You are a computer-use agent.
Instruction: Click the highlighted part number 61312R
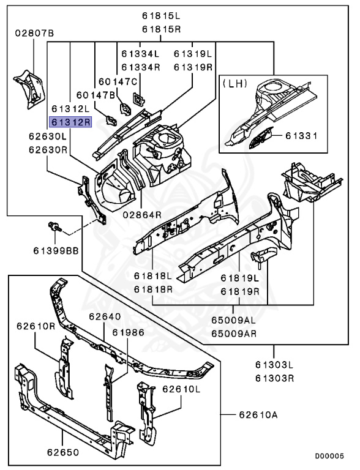(x=70, y=122)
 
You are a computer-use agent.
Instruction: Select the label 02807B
(x=34, y=33)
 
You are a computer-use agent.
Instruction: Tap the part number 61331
(x=301, y=136)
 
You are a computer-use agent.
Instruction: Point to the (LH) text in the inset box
(x=234, y=83)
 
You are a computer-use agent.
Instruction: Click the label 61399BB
(x=56, y=250)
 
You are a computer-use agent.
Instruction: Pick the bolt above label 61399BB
(x=55, y=226)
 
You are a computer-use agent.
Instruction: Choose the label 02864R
(x=142, y=215)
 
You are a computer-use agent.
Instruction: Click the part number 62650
(x=63, y=452)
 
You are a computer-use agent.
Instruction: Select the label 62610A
(x=258, y=415)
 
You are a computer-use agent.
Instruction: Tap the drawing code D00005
(x=329, y=456)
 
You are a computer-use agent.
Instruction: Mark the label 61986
(x=129, y=332)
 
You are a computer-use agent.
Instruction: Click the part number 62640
(x=105, y=316)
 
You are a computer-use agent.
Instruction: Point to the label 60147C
(x=118, y=81)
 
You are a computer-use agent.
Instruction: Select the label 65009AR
(x=234, y=334)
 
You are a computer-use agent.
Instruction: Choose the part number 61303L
(x=274, y=365)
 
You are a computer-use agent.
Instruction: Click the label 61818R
(x=153, y=289)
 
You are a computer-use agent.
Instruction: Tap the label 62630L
(x=48, y=136)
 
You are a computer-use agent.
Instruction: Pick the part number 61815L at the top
(x=162, y=16)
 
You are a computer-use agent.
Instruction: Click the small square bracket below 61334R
(x=138, y=99)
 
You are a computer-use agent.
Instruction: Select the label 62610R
(x=36, y=326)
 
